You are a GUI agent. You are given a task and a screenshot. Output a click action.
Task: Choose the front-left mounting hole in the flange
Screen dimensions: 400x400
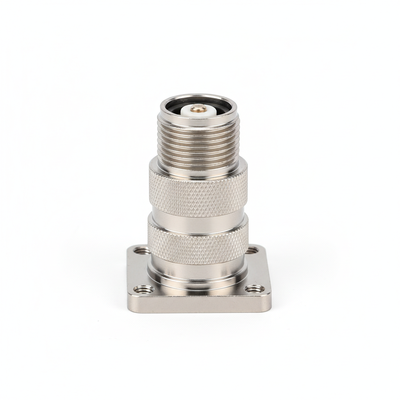tap(143, 289)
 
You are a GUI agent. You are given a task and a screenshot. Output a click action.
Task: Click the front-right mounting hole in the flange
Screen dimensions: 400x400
tap(254, 289)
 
